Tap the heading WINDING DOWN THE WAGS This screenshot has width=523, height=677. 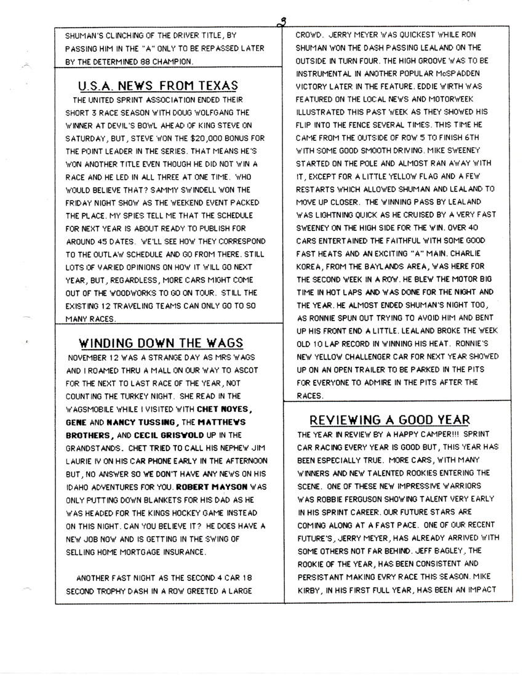(162, 343)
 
